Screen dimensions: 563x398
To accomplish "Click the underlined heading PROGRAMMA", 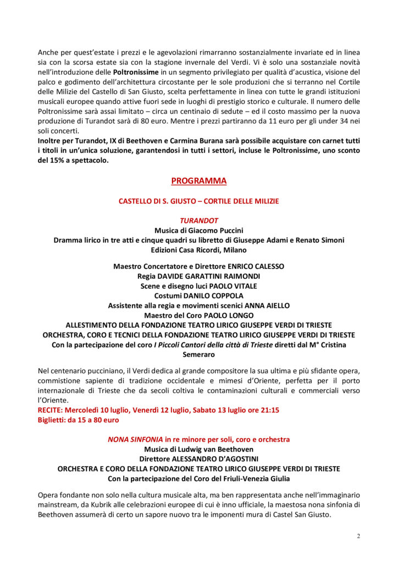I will click(198, 180).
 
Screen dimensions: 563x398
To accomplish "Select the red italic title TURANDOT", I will click(198, 220).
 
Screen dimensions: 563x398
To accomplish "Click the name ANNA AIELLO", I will click(268, 306).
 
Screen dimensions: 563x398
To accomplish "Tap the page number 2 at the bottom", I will click(358, 536).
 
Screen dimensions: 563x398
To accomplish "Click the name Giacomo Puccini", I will click(215, 230).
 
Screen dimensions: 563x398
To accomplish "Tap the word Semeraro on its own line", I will click(198, 355).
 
